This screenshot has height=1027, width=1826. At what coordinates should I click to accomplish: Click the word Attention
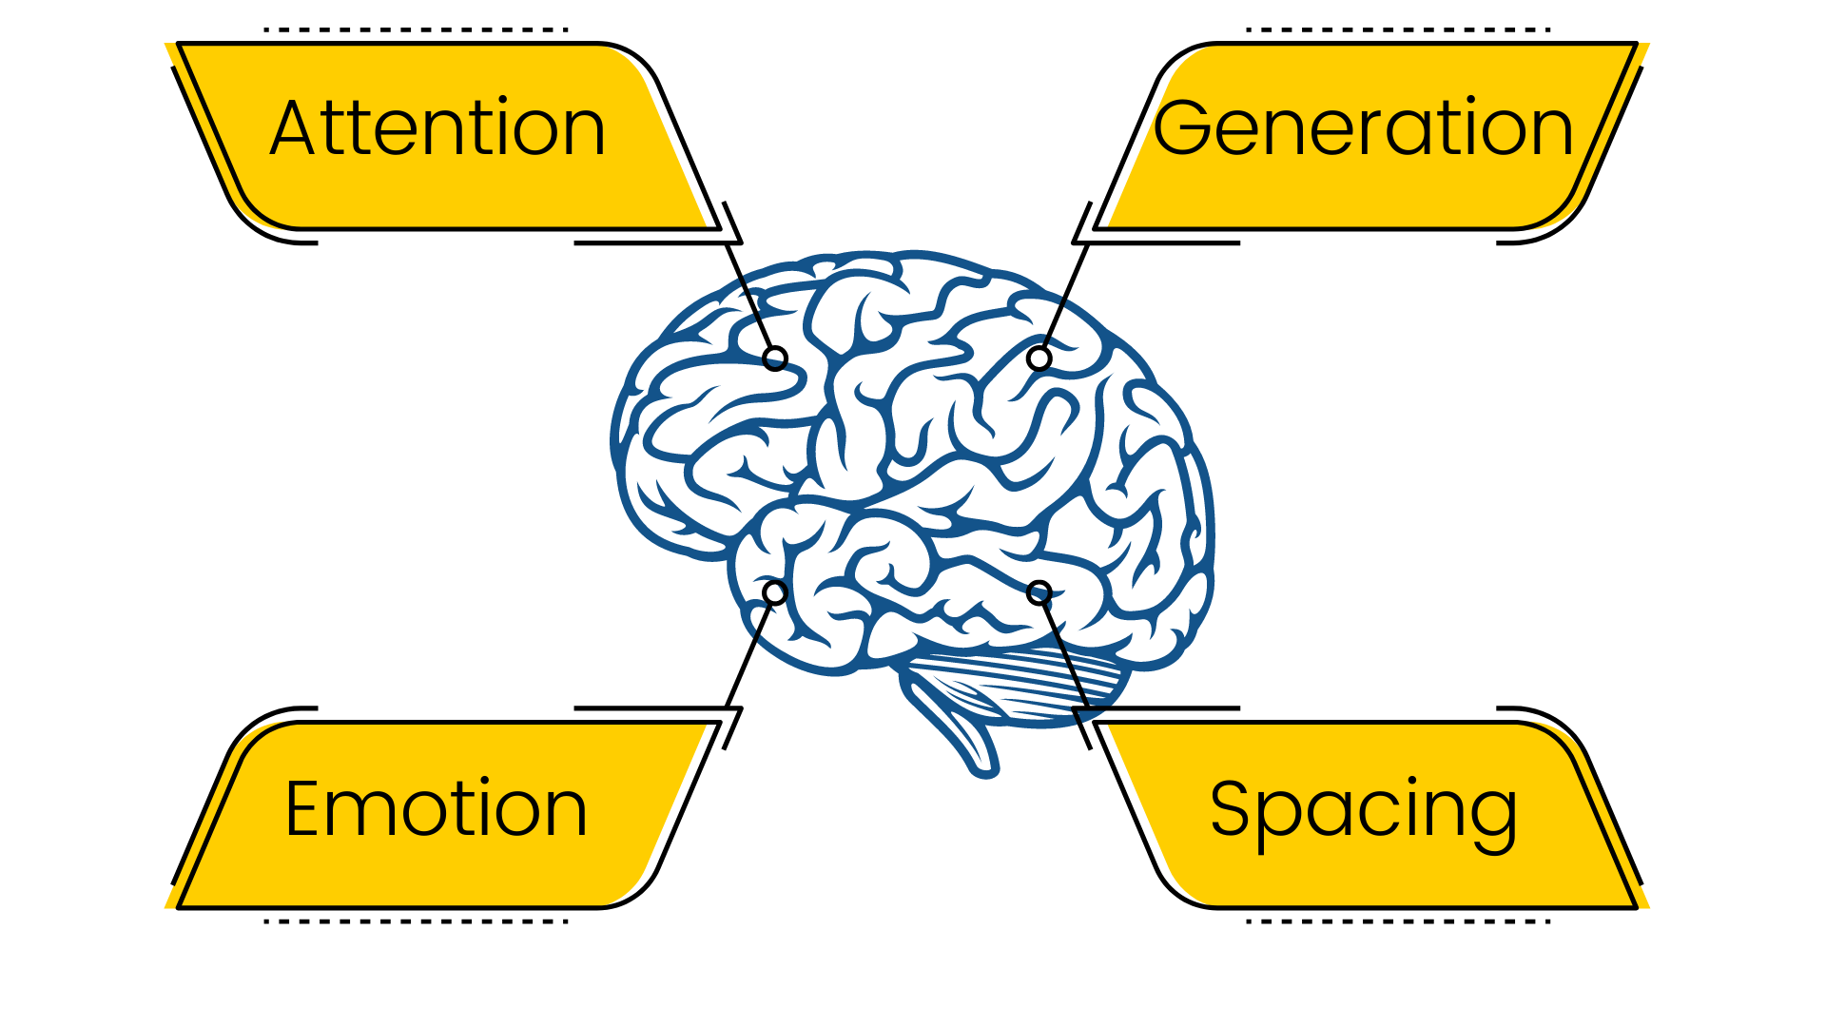437,128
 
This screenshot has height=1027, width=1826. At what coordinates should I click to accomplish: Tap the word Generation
1363,128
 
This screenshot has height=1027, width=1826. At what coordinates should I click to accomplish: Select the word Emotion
436,808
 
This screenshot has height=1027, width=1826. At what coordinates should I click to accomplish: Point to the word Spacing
1363,810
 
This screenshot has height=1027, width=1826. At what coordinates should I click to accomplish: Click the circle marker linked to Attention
775,358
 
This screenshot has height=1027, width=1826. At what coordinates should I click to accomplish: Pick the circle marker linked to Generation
1039,358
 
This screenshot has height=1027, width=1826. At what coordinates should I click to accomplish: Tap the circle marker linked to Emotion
775,592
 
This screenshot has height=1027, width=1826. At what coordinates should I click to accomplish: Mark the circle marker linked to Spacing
1039,593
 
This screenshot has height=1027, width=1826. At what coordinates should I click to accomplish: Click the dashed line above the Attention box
416,29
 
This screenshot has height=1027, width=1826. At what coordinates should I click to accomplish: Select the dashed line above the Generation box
1398,29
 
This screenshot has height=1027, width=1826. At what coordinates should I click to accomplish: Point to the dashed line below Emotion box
416,920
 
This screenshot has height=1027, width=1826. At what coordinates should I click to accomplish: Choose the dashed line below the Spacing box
1398,920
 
